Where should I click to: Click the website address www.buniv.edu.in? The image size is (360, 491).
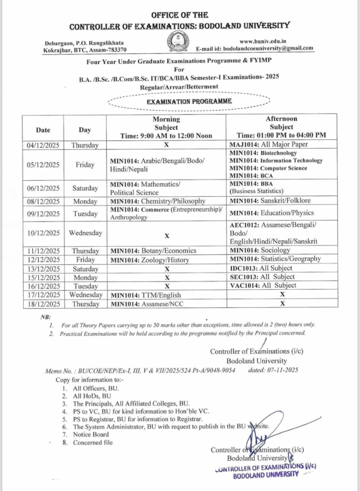point(263,41)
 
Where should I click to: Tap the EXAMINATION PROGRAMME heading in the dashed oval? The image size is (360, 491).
point(189,102)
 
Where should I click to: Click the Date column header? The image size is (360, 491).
point(43,130)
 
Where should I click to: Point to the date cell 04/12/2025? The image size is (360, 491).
point(43,145)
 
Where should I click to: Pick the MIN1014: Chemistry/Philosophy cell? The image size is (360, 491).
point(158,201)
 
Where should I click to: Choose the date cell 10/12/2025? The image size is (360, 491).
point(43,233)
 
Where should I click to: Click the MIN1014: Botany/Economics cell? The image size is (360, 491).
point(154,250)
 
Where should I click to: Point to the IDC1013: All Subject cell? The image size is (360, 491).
point(261,268)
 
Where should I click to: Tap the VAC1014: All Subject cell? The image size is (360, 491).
point(263,285)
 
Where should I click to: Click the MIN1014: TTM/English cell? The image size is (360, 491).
point(145,295)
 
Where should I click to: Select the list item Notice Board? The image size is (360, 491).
point(91,434)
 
